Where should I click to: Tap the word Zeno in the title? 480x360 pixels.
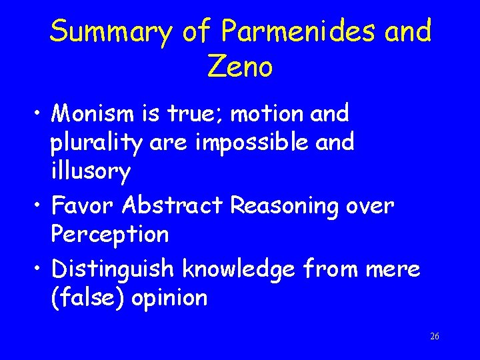pos(240,66)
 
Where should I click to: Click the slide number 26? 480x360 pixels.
pos(434,336)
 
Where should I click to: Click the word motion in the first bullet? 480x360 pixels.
pos(262,114)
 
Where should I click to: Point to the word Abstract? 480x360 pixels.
pos(173,206)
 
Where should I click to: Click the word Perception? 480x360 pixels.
pos(110,235)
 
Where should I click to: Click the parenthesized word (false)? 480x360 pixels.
pos(88,298)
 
